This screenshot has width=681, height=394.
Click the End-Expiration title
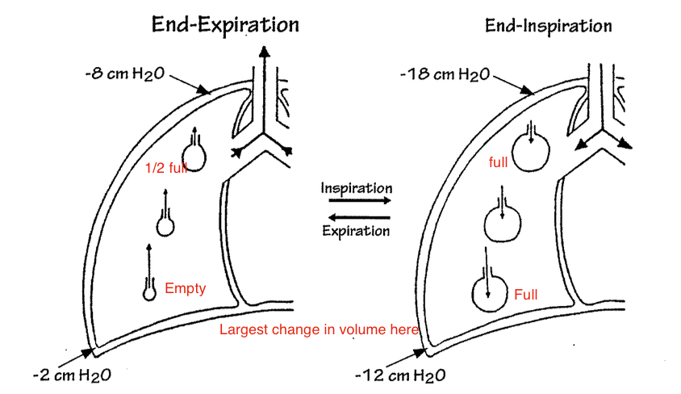coord(225,24)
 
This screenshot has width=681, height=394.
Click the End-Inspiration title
coord(548,26)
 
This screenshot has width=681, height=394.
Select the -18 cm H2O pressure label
coord(445,74)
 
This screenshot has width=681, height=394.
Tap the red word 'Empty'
coord(185,288)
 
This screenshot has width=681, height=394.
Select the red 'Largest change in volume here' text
coord(320,329)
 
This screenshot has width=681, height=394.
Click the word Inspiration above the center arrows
coord(357,188)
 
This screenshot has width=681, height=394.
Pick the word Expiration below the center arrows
coord(356,230)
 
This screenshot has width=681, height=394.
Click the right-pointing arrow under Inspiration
coord(357,201)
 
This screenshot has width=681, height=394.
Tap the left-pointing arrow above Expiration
coord(357,216)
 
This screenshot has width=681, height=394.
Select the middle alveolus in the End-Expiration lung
coord(165,225)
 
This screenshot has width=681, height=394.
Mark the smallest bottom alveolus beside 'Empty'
coord(149,292)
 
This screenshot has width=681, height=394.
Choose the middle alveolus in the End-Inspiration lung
coord(501,220)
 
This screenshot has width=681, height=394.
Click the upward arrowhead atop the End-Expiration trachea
coord(263,52)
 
